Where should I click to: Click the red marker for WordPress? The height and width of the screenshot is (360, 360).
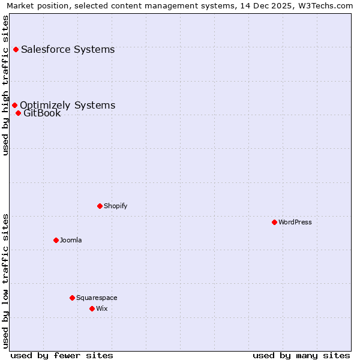(274, 222)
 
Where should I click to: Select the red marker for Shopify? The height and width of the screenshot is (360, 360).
(100, 206)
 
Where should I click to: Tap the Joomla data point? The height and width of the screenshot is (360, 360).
(56, 240)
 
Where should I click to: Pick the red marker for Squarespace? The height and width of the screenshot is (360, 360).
(72, 298)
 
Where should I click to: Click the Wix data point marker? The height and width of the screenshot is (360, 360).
(92, 308)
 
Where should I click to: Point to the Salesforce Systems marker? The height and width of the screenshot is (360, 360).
(16, 49)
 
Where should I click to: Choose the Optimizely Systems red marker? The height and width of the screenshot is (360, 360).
(15, 106)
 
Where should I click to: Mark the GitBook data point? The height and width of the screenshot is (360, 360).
(19, 113)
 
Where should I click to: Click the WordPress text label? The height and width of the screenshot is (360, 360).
(295, 222)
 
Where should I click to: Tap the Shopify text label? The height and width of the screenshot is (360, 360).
(116, 206)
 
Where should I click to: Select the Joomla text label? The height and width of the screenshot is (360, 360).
(71, 240)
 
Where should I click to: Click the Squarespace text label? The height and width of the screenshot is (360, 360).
(97, 298)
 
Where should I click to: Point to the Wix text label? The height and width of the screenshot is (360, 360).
(102, 308)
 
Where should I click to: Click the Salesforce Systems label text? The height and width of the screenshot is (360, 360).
(68, 49)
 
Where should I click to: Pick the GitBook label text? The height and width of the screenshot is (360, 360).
(42, 113)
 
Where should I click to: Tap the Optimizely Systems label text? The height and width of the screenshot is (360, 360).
(68, 105)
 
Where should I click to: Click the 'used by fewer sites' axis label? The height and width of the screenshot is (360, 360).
(62, 355)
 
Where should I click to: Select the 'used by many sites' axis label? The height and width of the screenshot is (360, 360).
(301, 355)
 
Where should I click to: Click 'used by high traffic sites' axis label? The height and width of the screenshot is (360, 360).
(6, 85)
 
